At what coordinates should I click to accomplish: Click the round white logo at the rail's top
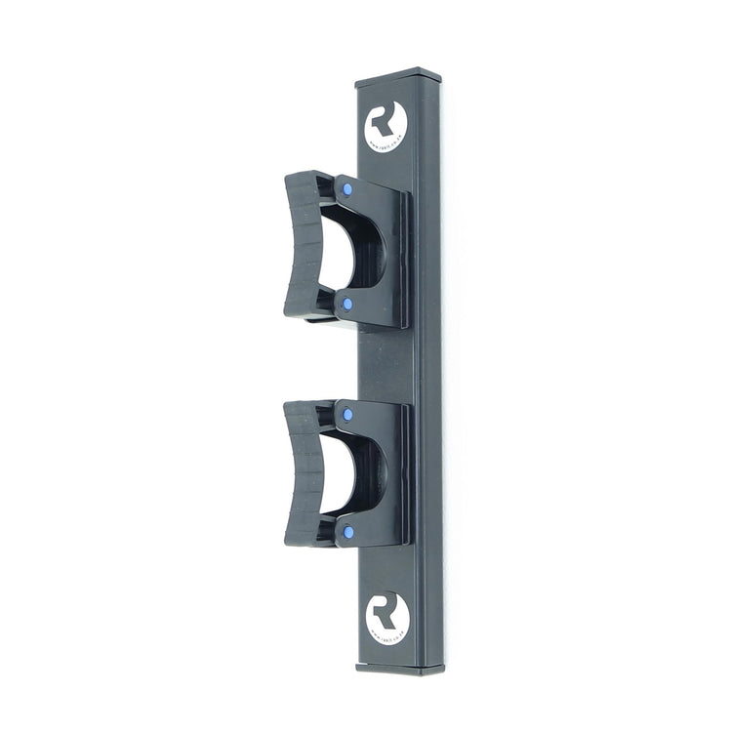386,128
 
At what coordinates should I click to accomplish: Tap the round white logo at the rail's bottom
387,616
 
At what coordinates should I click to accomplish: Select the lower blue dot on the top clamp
346,305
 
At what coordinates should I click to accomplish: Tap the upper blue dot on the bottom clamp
347,415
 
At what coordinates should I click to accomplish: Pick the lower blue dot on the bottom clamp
347,532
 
